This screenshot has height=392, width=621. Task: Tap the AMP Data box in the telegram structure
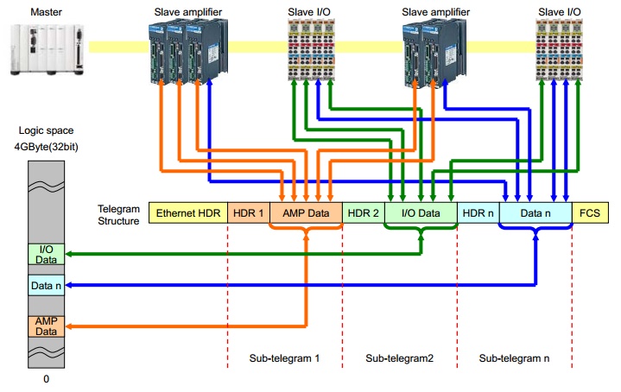point(306,212)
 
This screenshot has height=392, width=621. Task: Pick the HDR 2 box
point(363,212)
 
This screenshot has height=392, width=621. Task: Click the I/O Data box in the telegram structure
point(420,212)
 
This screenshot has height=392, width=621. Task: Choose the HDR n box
point(478,212)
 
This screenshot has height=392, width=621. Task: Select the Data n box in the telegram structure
point(535,212)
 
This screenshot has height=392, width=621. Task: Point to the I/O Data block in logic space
point(45,254)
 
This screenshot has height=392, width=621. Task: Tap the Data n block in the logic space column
point(45,285)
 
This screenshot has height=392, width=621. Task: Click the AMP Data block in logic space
point(45,326)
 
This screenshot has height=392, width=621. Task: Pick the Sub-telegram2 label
point(398,357)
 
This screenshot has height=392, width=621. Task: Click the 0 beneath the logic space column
point(45,377)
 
